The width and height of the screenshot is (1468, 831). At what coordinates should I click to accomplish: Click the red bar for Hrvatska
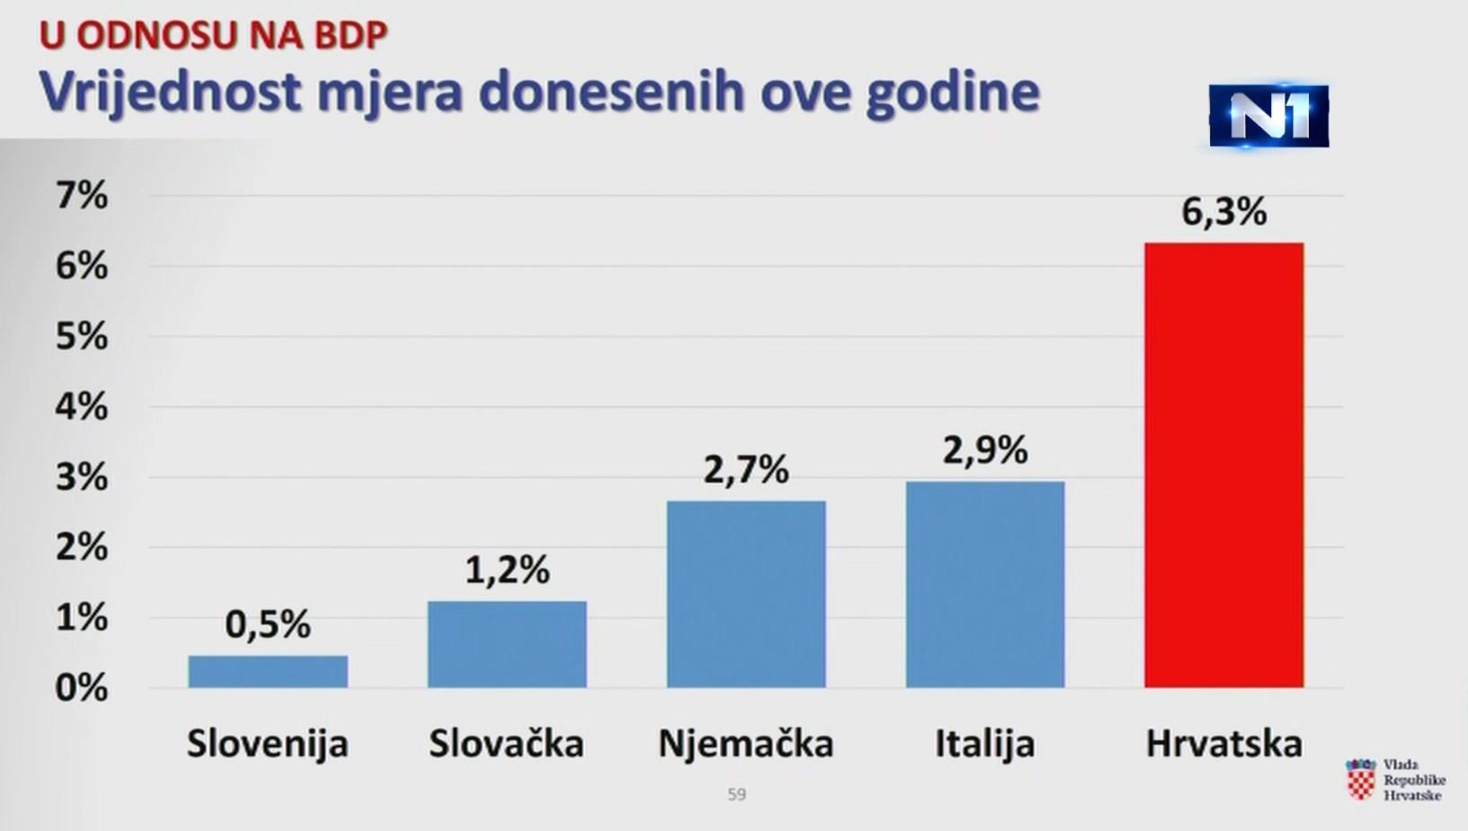tap(1223, 464)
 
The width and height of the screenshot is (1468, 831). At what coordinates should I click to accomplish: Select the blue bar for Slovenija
tap(268, 672)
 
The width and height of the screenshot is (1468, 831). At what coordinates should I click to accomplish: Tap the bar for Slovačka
tap(507, 644)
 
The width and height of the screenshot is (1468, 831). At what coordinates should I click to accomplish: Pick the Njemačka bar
tap(746, 594)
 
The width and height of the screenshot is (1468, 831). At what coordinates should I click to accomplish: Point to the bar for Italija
tap(985, 585)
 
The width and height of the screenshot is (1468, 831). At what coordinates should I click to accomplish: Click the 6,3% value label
tap(1223, 212)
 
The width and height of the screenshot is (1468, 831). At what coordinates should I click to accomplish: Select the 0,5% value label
tap(268, 624)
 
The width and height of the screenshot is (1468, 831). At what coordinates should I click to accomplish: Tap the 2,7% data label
tap(746, 470)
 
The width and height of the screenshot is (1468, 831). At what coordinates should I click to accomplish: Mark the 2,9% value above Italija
tap(985, 450)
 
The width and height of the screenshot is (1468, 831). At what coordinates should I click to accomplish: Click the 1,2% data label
tap(507, 570)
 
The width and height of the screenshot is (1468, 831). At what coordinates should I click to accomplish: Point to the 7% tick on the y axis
tap(82, 195)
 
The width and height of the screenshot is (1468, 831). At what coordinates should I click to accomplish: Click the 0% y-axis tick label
tap(82, 687)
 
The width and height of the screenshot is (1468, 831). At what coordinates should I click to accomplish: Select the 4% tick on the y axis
tap(82, 406)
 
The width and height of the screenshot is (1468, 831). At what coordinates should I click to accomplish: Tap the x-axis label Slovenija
tap(268, 744)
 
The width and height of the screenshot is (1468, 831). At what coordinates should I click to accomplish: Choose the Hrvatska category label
tap(1223, 744)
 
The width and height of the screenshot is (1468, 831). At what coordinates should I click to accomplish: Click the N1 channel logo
tap(1268, 116)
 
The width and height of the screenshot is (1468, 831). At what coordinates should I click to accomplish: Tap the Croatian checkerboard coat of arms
tap(1361, 780)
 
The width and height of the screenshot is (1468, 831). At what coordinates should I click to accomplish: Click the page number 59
tap(736, 794)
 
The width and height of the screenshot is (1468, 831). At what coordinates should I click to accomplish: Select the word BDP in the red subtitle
tap(351, 36)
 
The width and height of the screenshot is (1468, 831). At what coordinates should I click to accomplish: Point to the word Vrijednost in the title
tap(170, 92)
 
